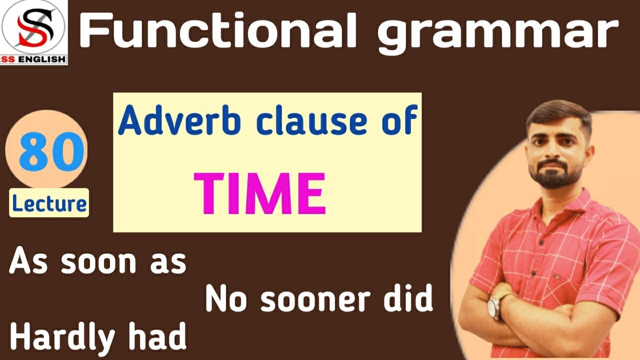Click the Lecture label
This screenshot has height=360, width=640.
tap(49, 203)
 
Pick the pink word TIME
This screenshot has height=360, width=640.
tap(260, 193)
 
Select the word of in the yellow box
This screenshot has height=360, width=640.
tap(401, 123)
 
